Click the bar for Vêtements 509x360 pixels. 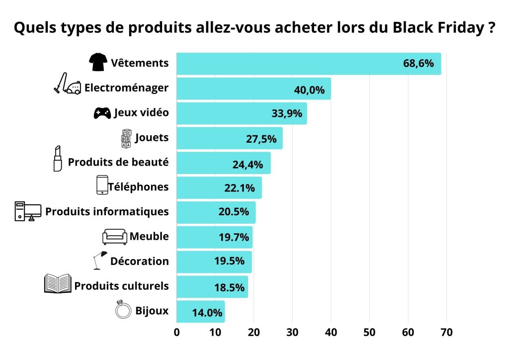308,64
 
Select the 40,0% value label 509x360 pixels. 309,90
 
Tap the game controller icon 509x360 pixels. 102,113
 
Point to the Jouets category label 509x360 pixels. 152,138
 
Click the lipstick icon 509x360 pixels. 58,159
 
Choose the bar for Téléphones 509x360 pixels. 219,187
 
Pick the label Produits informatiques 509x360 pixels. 107,211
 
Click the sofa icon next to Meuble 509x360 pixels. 115,237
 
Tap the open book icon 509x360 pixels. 58,284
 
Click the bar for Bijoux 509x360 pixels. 200,312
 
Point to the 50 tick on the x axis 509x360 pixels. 369,333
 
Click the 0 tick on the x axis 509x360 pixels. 176,333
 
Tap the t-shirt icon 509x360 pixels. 98,62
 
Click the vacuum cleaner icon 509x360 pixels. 67,85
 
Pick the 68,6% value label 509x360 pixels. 419,64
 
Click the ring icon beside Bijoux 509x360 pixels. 122,310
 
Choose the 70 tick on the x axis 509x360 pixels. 446,333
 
